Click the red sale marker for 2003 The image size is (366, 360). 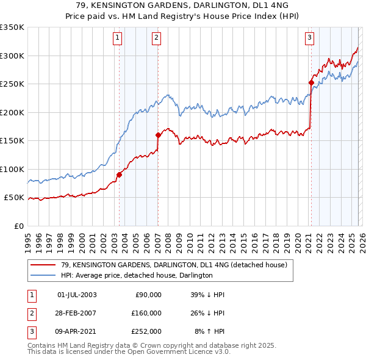(x=119, y=175)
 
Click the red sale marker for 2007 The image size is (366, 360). (x=158, y=135)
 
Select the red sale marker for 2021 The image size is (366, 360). (x=310, y=82)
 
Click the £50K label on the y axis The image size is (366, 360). (x=14, y=198)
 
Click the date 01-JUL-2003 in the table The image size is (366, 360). (x=77, y=295)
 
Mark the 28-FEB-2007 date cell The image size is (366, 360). (x=77, y=312)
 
